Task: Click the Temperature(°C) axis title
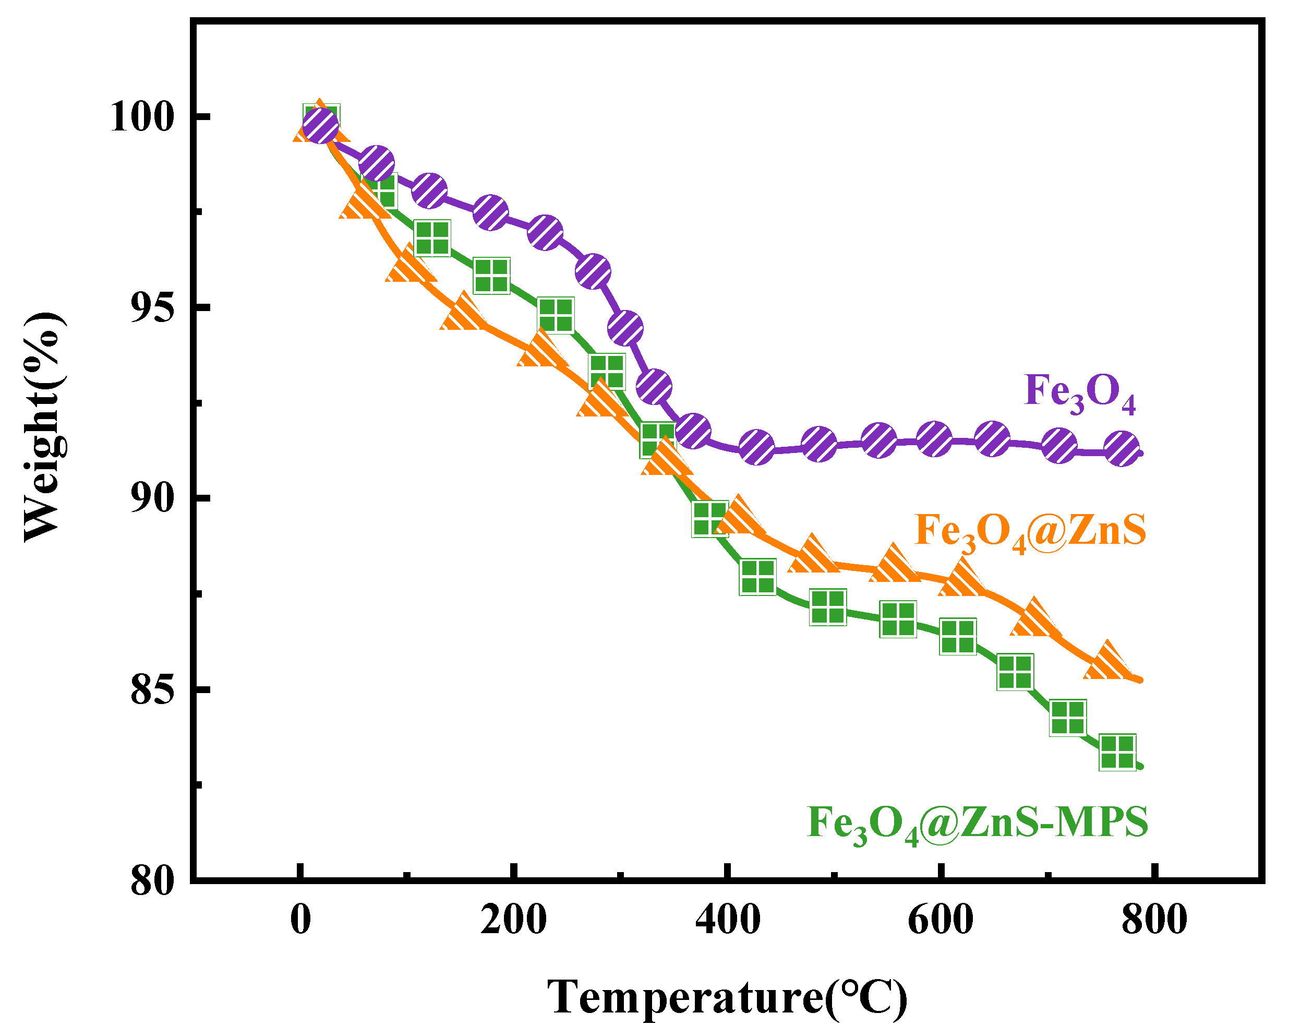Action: [727, 997]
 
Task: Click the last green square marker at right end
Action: [1117, 752]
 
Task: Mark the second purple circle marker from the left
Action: [376, 163]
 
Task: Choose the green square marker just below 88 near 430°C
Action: [757, 577]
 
